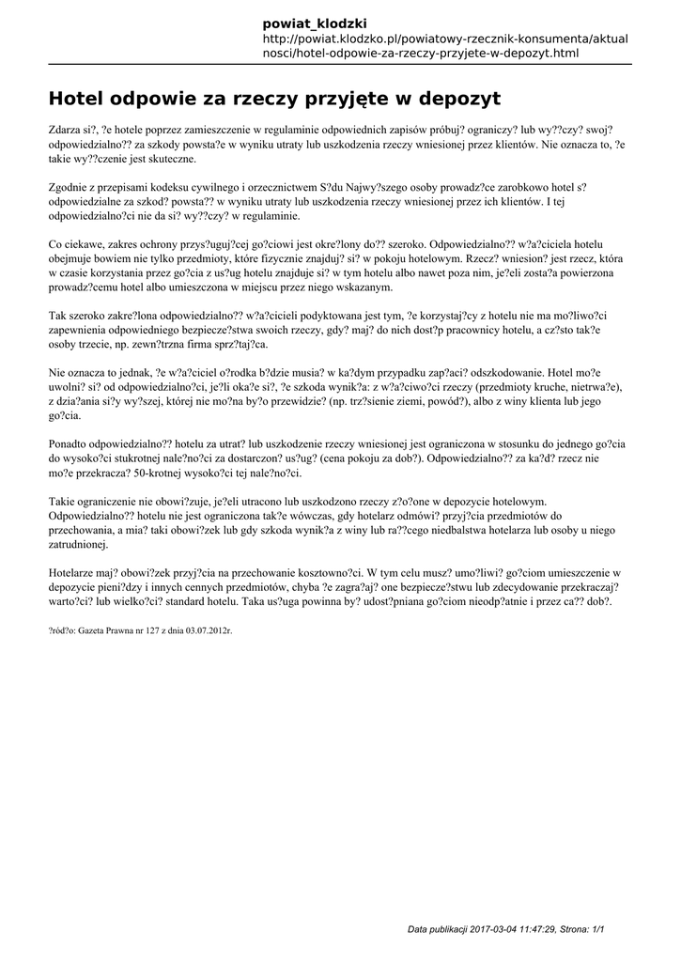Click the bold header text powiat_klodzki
[315, 23]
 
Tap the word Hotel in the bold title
[76, 98]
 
